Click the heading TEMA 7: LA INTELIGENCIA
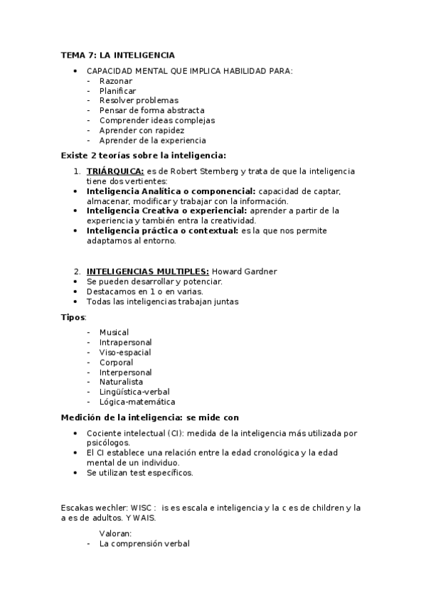tap(117, 55)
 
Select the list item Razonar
tap(116, 81)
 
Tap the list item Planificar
tap(118, 91)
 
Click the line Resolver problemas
tap(139, 101)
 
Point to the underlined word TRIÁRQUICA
tap(115, 171)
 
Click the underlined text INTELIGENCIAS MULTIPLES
tap(147, 272)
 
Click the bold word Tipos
tap(73, 316)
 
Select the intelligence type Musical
tap(115, 332)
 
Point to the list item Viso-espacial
tap(125, 352)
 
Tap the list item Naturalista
tap(121, 382)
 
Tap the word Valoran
tap(116, 533)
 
